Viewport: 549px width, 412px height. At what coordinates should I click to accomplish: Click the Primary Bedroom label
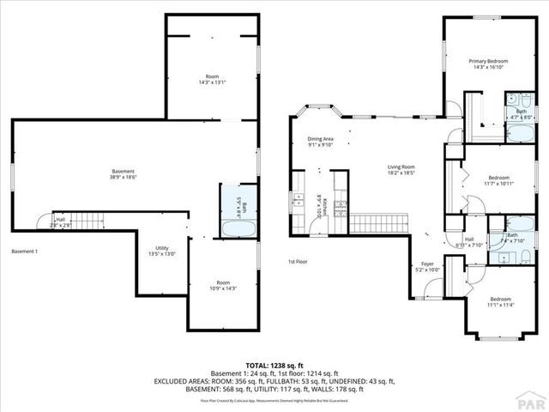point(488,65)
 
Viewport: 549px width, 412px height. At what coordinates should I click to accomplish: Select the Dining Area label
point(321,142)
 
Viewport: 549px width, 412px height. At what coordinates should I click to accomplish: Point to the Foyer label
point(428,266)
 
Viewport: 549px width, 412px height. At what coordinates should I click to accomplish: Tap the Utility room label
point(162,251)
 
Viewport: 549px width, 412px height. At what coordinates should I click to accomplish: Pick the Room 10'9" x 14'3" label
point(223,287)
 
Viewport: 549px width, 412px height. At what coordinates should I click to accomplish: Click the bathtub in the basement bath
point(237,230)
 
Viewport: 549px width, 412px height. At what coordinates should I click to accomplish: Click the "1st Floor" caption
point(298,261)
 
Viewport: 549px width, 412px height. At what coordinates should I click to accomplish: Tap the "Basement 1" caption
point(24,251)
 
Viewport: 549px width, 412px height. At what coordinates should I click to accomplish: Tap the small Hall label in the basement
point(60,222)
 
